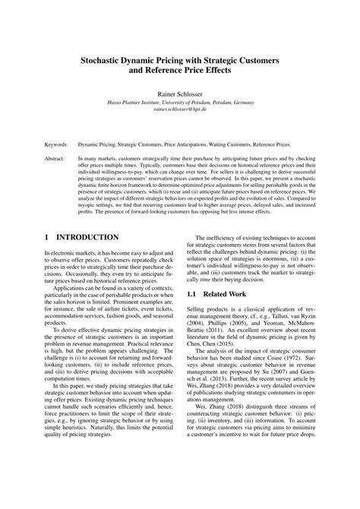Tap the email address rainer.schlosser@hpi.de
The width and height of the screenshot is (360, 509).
click(x=180, y=109)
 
